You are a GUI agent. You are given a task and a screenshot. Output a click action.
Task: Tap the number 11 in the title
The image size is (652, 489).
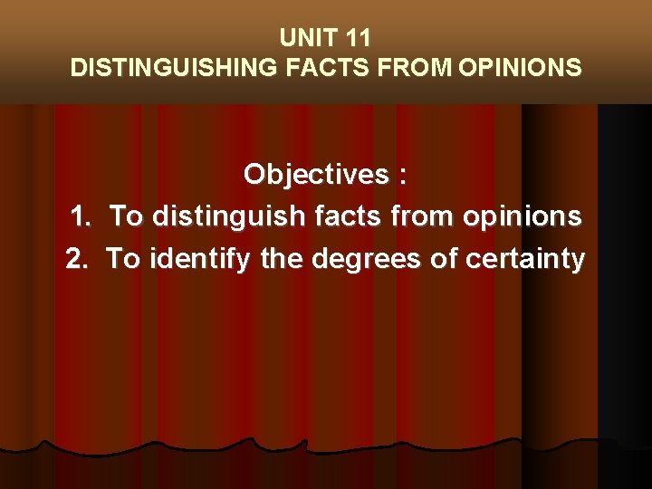click(356, 38)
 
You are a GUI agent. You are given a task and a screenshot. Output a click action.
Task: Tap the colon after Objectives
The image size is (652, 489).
click(402, 176)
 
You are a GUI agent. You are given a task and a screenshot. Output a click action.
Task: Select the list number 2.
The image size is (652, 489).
click(79, 260)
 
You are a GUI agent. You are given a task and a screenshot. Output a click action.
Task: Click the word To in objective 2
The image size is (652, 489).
click(123, 260)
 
